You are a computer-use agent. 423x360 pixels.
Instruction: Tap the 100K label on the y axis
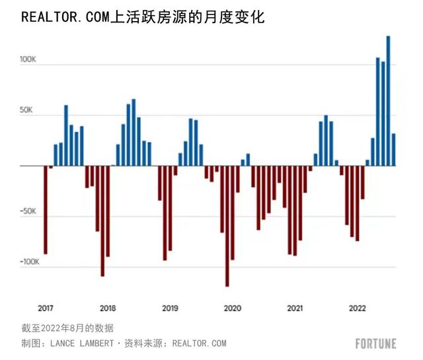28,59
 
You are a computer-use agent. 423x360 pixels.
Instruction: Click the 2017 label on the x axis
46,308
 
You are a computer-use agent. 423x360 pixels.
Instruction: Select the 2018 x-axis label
108,308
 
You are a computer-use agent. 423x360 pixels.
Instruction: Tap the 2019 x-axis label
170,308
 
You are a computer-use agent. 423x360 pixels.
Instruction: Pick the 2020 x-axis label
232,308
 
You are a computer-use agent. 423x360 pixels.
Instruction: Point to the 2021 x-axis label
295,308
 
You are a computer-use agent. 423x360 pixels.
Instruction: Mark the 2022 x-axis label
358,308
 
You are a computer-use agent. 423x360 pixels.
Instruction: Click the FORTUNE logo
375,343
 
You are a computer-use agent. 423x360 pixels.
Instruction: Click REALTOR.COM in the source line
199,343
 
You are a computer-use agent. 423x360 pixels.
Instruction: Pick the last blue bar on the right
393,149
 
